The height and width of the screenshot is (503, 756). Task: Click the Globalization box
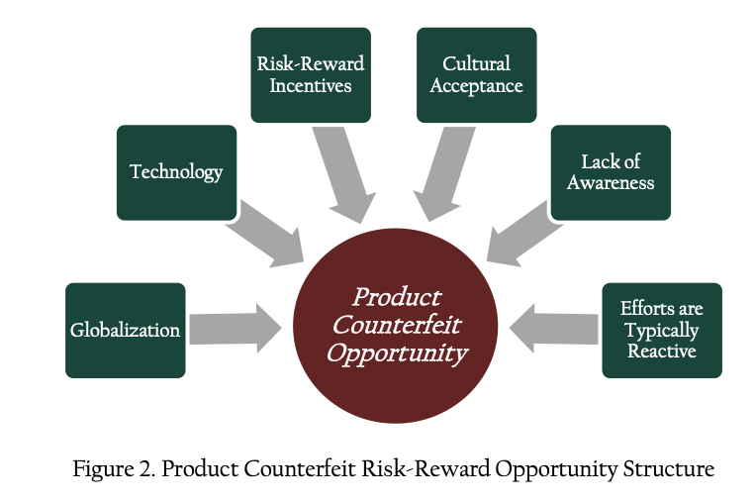tap(126, 331)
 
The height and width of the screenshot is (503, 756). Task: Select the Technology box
tap(176, 172)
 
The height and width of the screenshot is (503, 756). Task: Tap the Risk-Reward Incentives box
tap(311, 74)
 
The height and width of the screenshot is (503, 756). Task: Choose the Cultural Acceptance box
tap(476, 74)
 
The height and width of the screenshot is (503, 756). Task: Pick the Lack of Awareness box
tap(611, 172)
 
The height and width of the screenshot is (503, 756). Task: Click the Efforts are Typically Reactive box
tap(662, 331)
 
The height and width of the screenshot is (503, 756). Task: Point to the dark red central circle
tap(396, 326)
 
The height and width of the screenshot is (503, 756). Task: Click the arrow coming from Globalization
tap(236, 329)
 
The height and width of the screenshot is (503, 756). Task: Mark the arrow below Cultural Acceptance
tap(443, 173)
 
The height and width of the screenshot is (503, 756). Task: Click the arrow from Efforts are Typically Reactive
tap(553, 329)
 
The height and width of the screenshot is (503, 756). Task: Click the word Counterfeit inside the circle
tap(397, 325)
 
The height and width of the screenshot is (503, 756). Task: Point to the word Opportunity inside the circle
tap(397, 354)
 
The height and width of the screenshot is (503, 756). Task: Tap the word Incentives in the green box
tap(311, 86)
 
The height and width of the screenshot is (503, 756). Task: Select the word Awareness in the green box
tap(611, 183)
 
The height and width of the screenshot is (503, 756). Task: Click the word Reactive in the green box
tap(662, 352)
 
